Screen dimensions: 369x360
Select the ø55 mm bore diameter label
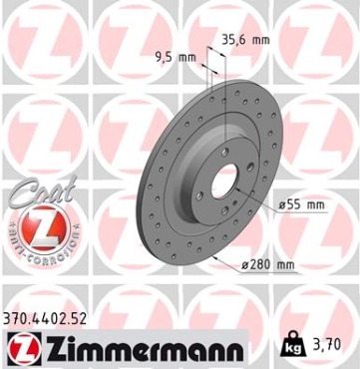click(x=302, y=203)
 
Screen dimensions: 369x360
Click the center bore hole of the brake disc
click(x=221, y=186)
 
